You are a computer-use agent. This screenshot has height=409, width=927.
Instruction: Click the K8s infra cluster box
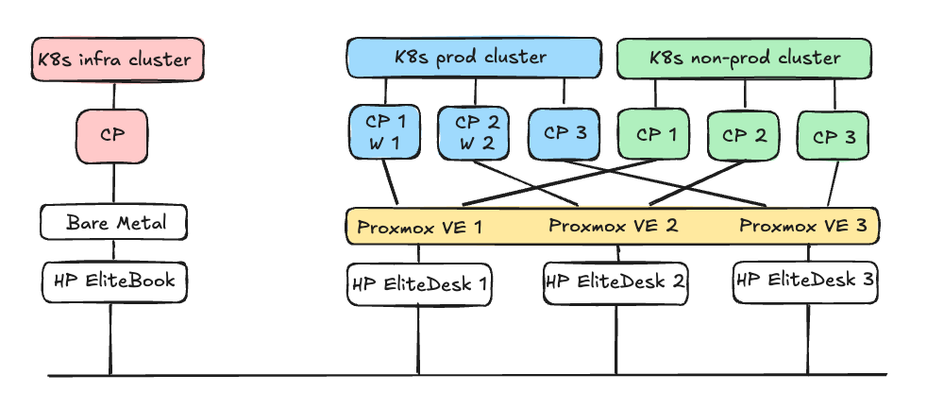pyautogui.click(x=114, y=60)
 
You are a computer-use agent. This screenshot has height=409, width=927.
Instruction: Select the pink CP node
pyautogui.click(x=113, y=134)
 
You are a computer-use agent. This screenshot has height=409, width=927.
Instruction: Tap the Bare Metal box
pyautogui.click(x=114, y=223)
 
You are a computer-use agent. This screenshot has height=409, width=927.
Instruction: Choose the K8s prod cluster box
pyautogui.click(x=474, y=58)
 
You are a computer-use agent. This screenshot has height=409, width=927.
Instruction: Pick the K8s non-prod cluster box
pyautogui.click(x=745, y=58)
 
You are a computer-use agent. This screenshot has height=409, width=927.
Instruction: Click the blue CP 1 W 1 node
pyautogui.click(x=384, y=133)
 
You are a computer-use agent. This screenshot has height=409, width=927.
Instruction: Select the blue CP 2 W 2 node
pyautogui.click(x=474, y=133)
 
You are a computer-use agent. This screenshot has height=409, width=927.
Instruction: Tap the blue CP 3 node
pyautogui.click(x=565, y=133)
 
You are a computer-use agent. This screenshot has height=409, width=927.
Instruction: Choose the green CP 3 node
pyautogui.click(x=834, y=136)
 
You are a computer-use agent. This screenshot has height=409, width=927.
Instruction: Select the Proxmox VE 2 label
pyautogui.click(x=613, y=226)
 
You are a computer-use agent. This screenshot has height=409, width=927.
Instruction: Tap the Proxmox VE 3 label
pyautogui.click(x=803, y=226)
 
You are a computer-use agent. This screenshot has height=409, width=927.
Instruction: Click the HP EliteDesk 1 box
pyautogui.click(x=420, y=283)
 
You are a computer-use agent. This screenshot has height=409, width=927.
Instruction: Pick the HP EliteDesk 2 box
pyautogui.click(x=615, y=281)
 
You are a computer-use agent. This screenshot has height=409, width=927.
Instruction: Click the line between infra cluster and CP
pyautogui.click(x=114, y=94)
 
